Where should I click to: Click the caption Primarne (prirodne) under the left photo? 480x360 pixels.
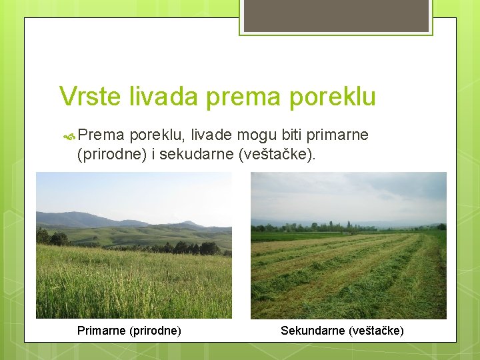coord(129,330)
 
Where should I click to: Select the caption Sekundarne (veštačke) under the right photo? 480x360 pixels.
coord(342,330)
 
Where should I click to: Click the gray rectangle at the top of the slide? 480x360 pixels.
coord(336,15)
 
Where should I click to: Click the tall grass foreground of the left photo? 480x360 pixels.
coord(133,287)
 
